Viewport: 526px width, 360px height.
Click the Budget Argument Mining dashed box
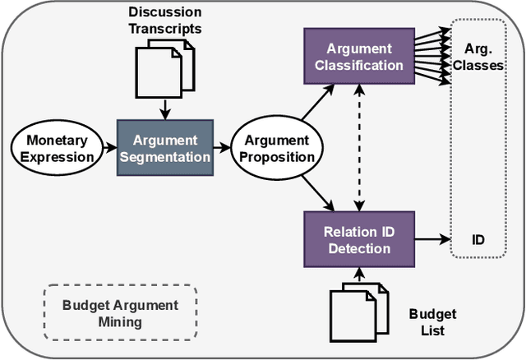coord(120,313)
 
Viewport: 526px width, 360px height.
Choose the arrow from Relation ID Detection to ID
coord(434,241)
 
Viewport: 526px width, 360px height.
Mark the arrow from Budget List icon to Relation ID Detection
coord(358,271)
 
